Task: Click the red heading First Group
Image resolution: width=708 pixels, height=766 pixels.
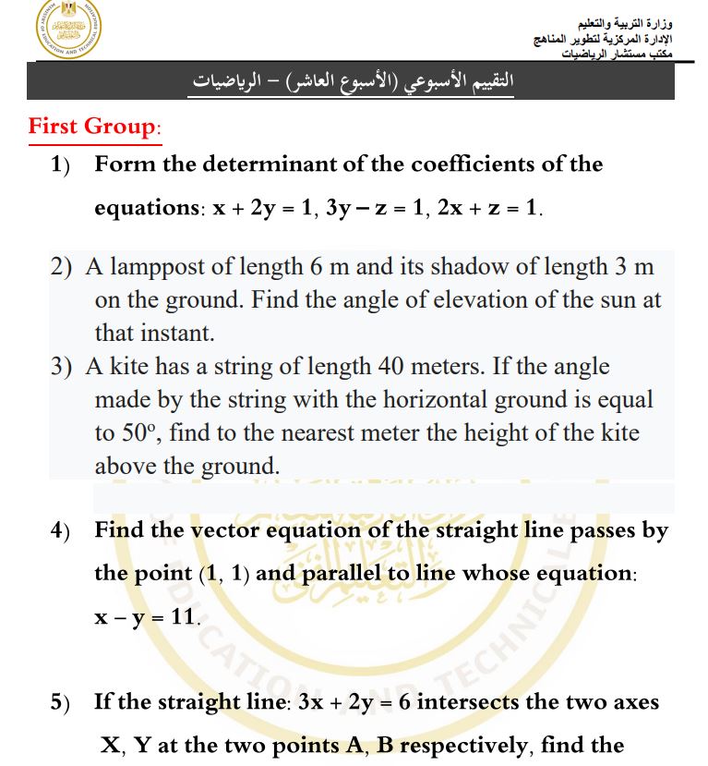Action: coord(94,126)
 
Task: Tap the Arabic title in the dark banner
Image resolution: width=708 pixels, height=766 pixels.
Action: coord(351,81)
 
